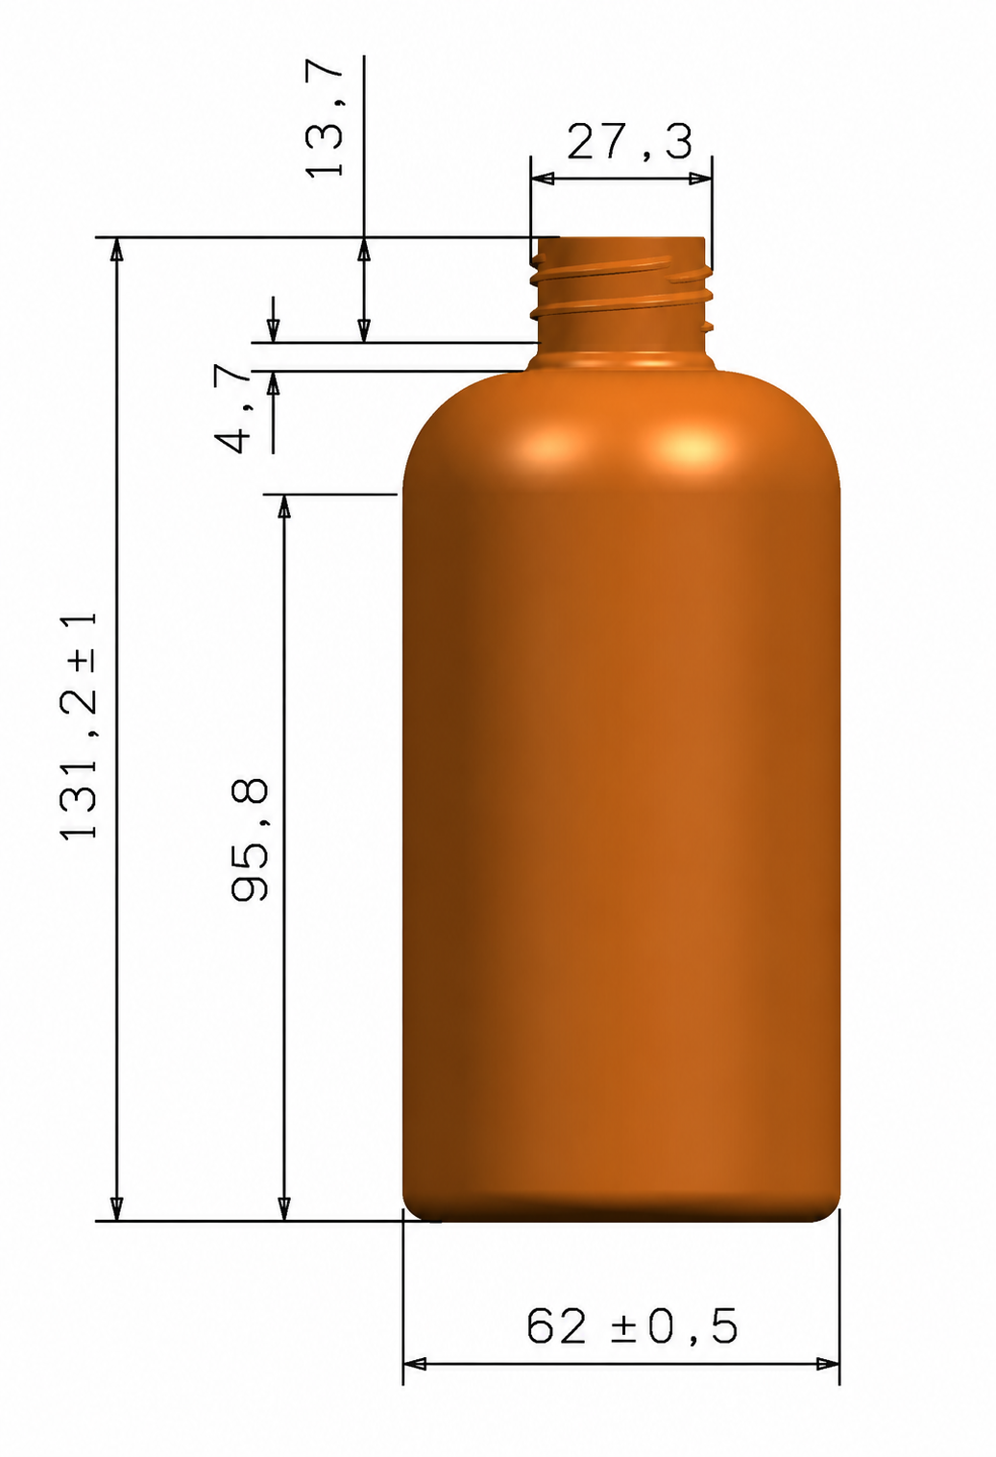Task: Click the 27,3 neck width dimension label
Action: (x=629, y=142)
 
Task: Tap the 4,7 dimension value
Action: (x=232, y=408)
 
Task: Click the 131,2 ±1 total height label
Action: (x=79, y=724)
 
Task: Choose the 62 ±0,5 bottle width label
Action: (x=632, y=1326)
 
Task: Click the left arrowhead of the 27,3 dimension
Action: (x=543, y=179)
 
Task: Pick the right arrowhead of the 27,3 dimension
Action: (x=700, y=179)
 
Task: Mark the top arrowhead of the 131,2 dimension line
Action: (x=117, y=250)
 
